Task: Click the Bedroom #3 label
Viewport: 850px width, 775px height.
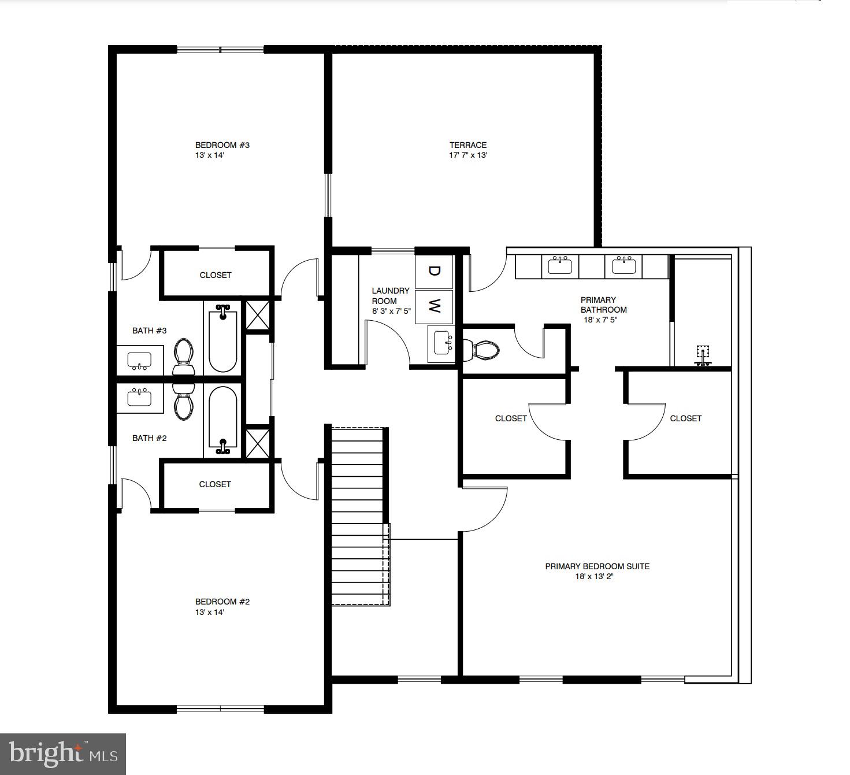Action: [x=222, y=145]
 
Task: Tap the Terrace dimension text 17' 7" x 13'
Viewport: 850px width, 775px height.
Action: [x=468, y=155]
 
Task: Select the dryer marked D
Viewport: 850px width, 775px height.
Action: [x=435, y=270]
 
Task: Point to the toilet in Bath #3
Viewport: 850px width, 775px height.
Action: [x=184, y=357]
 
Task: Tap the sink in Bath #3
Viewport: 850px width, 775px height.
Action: [x=139, y=361]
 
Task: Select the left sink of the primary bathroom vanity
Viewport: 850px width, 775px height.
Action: [x=559, y=266]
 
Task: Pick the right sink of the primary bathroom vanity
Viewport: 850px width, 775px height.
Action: [x=623, y=266]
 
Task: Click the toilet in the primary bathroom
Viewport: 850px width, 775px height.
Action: [x=482, y=350]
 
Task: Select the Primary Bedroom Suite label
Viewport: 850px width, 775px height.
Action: [x=597, y=566]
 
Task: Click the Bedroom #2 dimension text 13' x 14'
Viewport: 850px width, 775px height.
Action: [x=209, y=612]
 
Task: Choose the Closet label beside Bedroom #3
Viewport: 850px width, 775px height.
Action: [x=216, y=275]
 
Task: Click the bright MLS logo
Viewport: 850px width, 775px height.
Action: [x=63, y=754]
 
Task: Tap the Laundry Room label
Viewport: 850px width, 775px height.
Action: [x=390, y=296]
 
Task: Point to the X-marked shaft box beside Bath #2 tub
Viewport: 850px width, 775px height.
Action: [x=258, y=443]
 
